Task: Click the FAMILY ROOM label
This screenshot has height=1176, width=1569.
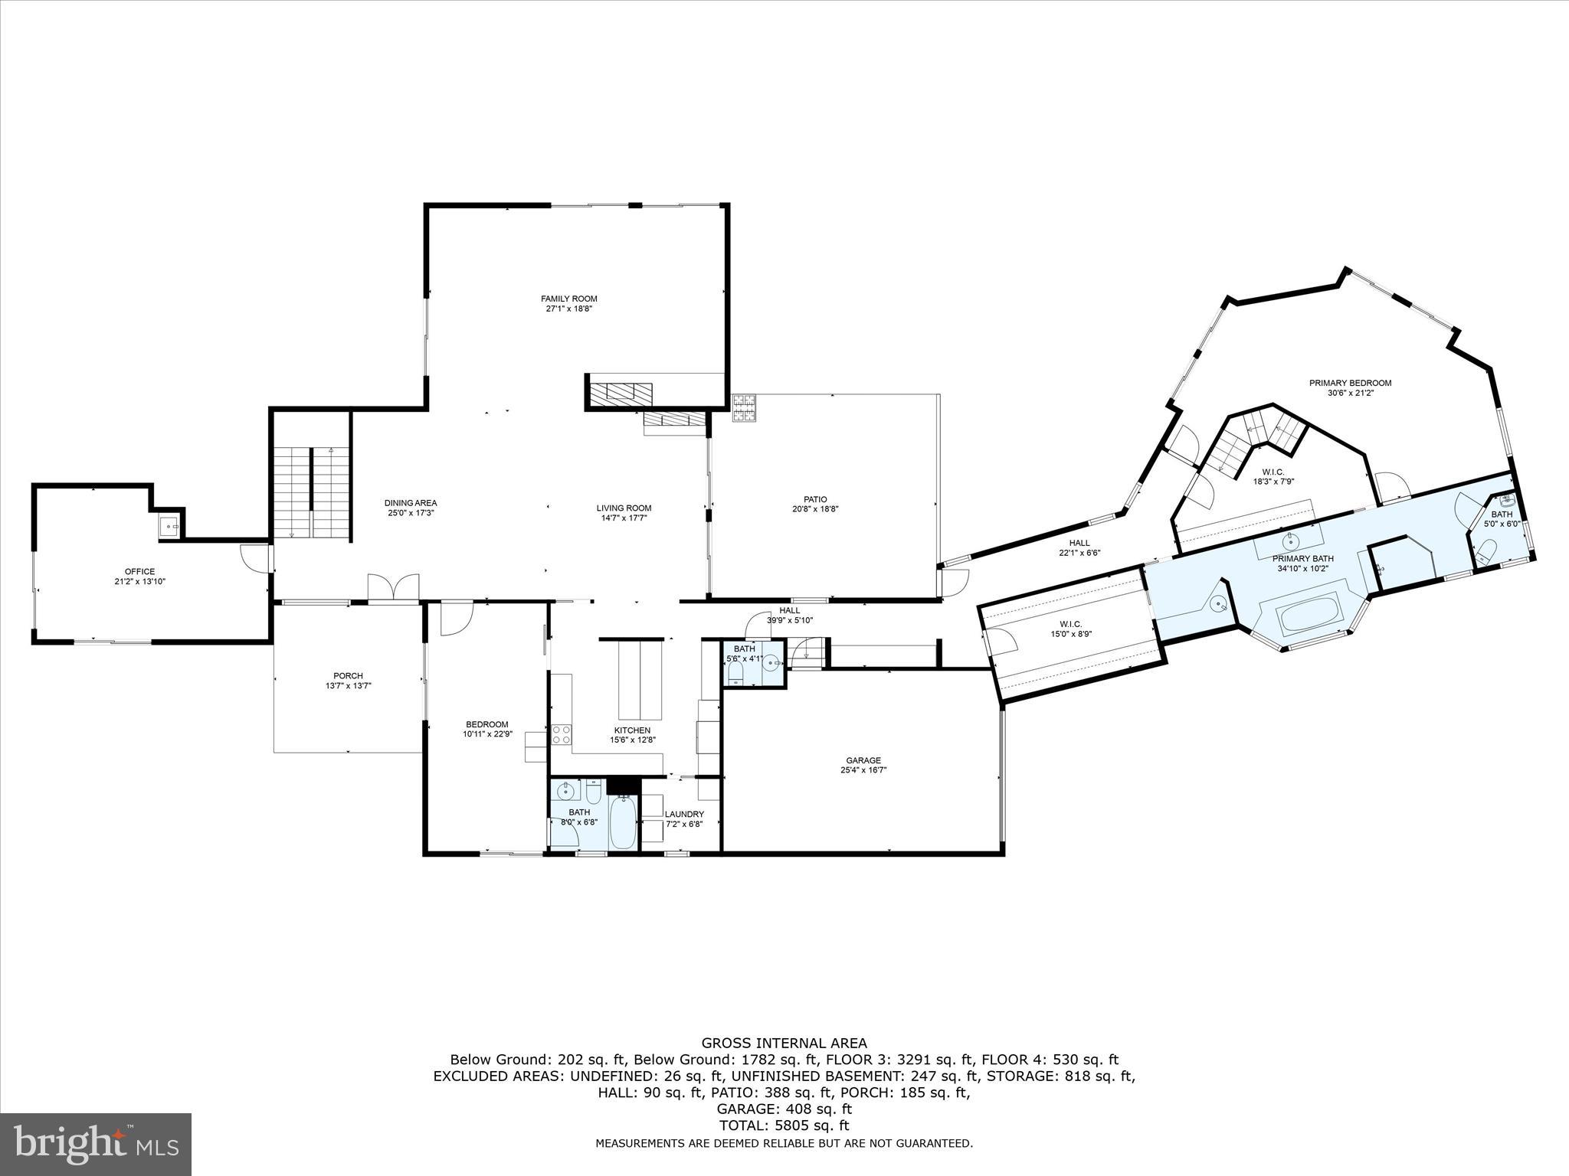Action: [568, 299]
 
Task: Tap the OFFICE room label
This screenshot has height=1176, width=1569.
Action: [139, 571]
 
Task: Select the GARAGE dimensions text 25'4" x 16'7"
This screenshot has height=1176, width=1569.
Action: [863, 770]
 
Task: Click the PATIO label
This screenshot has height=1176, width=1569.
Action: [815, 499]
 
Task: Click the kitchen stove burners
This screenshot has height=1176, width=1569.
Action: [561, 734]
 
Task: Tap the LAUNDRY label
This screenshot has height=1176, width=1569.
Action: [683, 814]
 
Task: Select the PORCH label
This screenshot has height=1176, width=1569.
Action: [349, 675]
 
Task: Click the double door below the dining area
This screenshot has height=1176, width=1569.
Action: [393, 586]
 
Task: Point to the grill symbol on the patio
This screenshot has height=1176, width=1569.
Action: [743, 408]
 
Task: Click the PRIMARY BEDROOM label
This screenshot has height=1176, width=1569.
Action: [1350, 383]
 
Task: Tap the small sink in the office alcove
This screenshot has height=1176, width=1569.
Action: [169, 526]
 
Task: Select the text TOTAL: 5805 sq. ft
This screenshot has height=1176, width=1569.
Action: [784, 1125]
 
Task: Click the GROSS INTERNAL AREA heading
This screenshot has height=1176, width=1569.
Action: [784, 1043]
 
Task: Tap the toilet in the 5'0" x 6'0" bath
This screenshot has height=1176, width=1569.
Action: [1487, 551]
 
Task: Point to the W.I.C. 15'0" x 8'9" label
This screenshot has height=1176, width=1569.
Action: [1070, 624]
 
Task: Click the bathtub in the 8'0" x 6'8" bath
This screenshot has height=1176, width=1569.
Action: [622, 822]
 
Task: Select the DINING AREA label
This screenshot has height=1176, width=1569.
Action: [411, 503]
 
